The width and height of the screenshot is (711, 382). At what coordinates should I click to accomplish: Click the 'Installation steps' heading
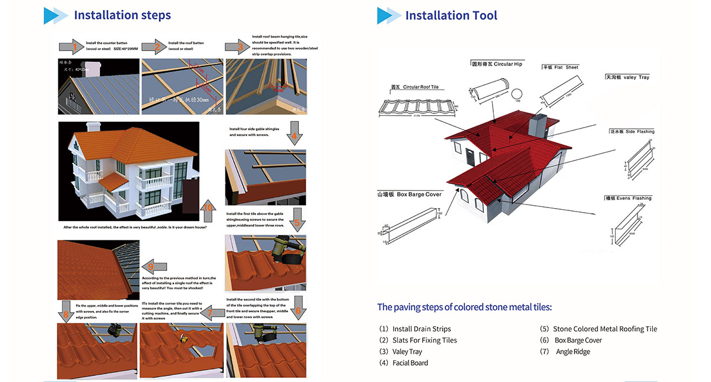click(x=122, y=15)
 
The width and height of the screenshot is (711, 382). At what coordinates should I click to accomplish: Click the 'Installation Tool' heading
click(x=451, y=15)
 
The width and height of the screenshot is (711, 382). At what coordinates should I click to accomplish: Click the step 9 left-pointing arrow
click(x=155, y=266)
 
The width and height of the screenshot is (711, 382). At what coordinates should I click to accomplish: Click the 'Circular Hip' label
click(x=497, y=64)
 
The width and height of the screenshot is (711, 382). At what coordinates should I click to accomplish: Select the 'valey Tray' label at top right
click(x=627, y=77)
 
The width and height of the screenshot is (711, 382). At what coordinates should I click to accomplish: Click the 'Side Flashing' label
click(x=632, y=132)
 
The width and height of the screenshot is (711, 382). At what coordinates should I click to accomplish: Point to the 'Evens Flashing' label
click(x=628, y=198)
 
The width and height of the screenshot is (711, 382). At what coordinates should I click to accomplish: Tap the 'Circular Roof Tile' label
click(x=415, y=87)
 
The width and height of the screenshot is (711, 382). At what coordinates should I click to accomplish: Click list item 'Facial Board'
click(x=410, y=363)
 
